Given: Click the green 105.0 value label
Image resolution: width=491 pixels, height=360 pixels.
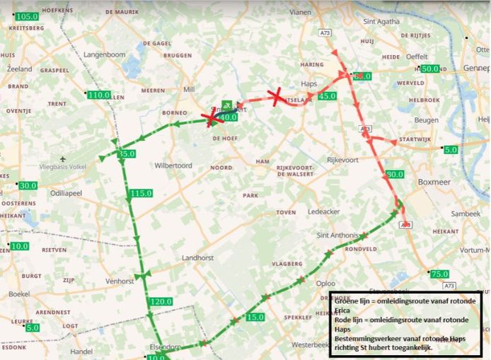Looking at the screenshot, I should coord(27,16).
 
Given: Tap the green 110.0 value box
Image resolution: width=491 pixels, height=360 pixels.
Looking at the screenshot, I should coord(98,95).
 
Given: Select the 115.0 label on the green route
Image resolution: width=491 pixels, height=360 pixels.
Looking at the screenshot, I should coord(141,193).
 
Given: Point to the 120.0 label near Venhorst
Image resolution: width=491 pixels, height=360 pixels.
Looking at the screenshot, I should coord(161,301).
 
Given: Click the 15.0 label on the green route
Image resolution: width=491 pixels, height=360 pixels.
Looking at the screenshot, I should coord(255,317).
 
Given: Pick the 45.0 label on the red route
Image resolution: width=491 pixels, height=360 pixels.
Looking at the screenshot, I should coord(327,96).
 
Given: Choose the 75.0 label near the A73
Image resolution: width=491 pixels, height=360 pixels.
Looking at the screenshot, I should coord(439,274).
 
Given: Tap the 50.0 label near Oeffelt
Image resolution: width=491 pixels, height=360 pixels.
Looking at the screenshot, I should coord(429,69).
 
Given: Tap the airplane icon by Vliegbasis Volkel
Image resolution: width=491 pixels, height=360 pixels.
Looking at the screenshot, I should coord(64,158).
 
